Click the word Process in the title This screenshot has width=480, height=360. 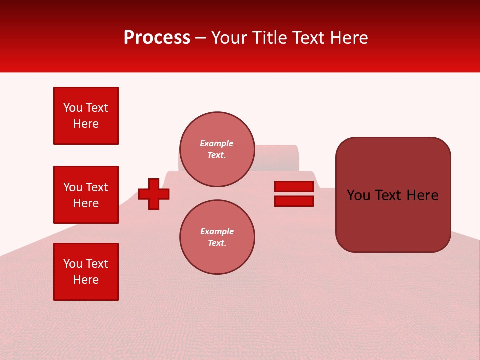[x=157, y=38]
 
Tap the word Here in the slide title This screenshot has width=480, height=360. [x=348, y=38]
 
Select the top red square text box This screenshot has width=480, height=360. [x=86, y=116]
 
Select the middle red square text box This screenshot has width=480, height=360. [x=86, y=195]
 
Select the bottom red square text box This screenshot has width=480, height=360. [x=86, y=272]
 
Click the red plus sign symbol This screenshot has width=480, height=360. [x=154, y=193]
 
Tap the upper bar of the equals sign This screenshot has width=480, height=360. [x=294, y=186]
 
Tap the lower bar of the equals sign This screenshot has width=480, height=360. [x=294, y=201]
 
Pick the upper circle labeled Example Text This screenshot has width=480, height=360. [x=217, y=149]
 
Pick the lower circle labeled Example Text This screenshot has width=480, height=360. [x=217, y=237]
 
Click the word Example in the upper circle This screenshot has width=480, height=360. [x=217, y=143]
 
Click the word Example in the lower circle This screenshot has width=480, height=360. [x=217, y=231]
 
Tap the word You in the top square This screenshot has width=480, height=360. [x=73, y=108]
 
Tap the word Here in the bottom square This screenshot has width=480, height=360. [x=86, y=280]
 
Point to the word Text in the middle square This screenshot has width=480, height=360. [x=97, y=187]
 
